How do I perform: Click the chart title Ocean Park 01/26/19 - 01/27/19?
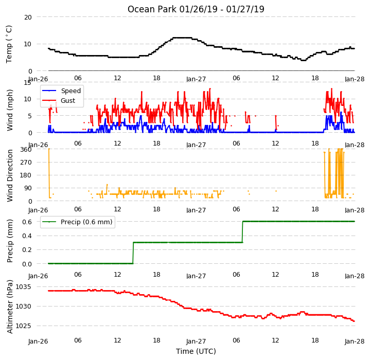pyautogui.click(x=196, y=9)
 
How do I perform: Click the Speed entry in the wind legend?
pyautogui.click(x=71, y=91)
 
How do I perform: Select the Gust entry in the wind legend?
pyautogui.click(x=68, y=101)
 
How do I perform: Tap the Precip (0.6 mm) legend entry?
pyautogui.click(x=86, y=222)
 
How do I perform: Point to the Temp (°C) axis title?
pyautogui.click(x=9, y=44)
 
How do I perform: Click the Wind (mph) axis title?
pyautogui.click(x=10, y=110)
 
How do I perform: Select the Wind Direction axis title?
pyautogui.click(x=10, y=175)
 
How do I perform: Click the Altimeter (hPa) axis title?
pyautogui.click(x=10, y=307)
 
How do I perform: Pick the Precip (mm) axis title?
pyautogui.click(x=10, y=241)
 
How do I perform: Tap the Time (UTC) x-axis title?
pyautogui.click(x=196, y=351)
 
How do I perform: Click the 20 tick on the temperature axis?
pyautogui.click(x=28, y=17)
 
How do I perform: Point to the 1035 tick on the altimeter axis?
pyautogui.click(x=23, y=287)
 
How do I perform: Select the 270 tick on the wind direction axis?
pyautogui.click(x=26, y=163)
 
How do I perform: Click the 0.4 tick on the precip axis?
pyautogui.click(x=27, y=236)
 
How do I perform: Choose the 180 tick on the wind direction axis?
pyautogui.click(x=26, y=175)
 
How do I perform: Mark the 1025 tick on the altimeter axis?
pyautogui.click(x=23, y=326)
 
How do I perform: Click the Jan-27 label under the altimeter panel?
pyautogui.click(x=196, y=341)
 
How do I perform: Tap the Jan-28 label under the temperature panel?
pyautogui.click(x=355, y=79)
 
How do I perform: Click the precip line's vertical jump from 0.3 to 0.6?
pyautogui.click(x=242, y=232)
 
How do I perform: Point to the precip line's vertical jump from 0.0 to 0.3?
pyautogui.click(x=133, y=253)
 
